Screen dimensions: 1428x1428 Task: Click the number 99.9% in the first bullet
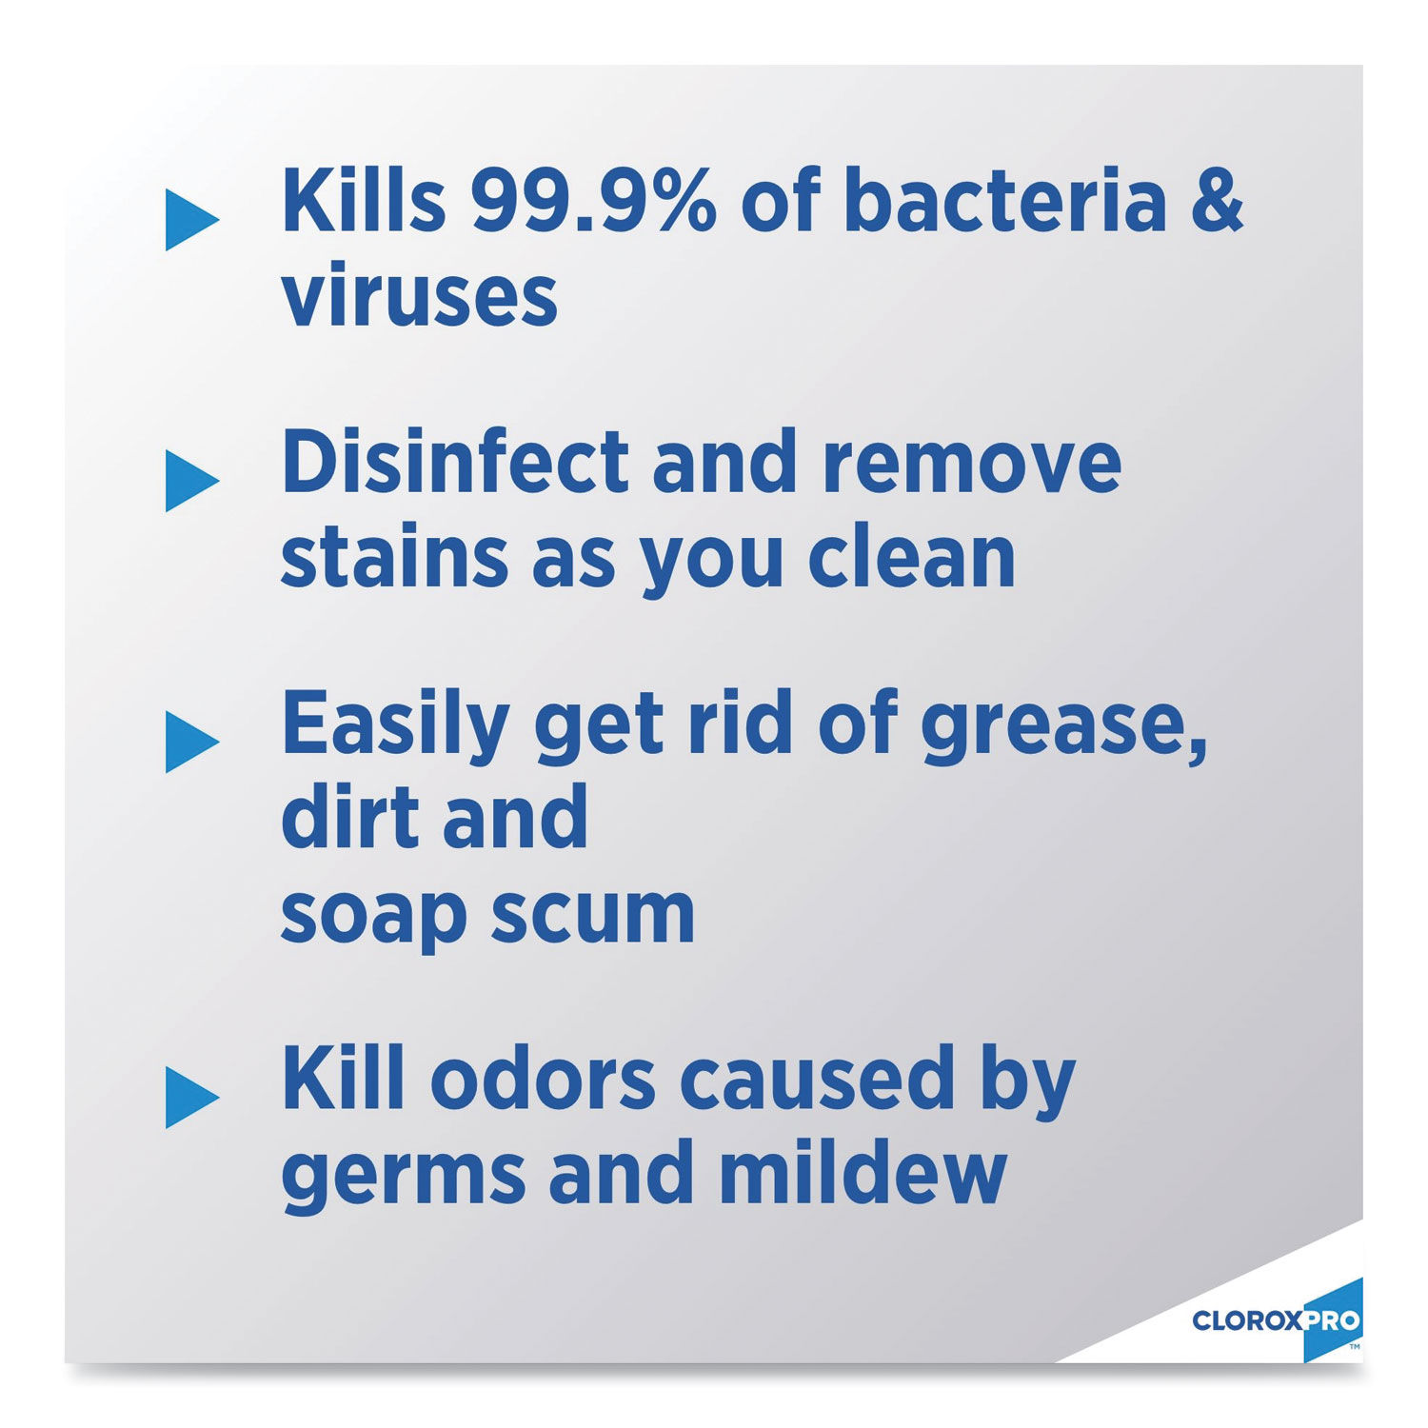click(592, 202)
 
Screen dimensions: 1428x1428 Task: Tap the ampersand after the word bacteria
click(1216, 202)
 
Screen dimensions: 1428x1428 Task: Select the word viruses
click(419, 297)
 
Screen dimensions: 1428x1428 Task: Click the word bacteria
click(1004, 202)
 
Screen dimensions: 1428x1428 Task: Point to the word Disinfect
click(455, 463)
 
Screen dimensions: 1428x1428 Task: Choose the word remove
click(971, 463)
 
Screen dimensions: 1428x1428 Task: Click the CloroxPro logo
click(1276, 1320)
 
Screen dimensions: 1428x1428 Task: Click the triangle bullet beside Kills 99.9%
click(190, 220)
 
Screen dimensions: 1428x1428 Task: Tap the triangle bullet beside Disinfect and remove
click(190, 481)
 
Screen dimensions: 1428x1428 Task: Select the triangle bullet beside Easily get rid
click(190, 742)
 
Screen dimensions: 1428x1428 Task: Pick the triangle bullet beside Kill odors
click(190, 1098)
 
